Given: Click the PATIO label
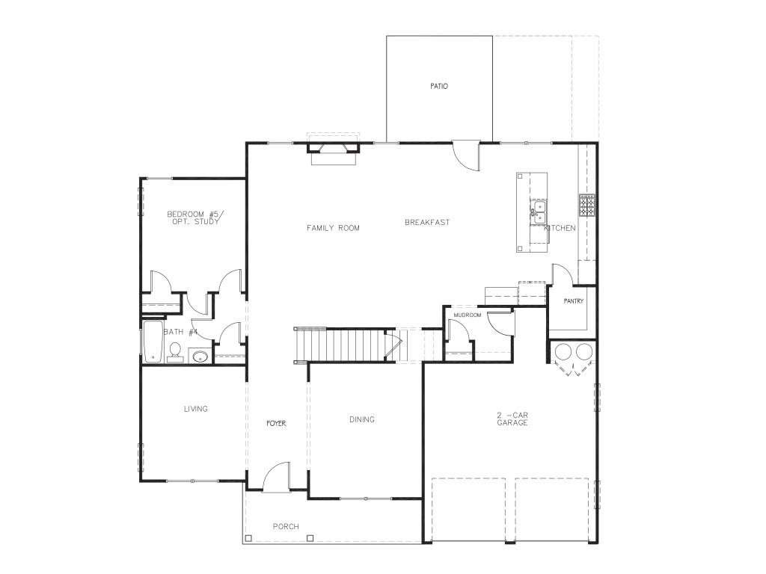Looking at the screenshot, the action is [438, 87].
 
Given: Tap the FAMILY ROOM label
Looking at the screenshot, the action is [333, 228].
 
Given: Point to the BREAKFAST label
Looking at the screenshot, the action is [427, 223].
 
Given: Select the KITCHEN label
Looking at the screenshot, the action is [560, 228].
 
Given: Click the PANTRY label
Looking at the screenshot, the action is [574, 301].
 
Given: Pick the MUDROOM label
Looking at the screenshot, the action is [468, 315].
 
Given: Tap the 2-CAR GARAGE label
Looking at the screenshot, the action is [512, 419].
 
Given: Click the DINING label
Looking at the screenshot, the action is [362, 419].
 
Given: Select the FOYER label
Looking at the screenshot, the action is [276, 423].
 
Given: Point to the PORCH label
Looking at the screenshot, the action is [286, 526].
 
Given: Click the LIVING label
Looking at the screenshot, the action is [195, 409].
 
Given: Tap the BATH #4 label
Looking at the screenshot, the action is [180, 332].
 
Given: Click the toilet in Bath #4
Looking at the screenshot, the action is [175, 353].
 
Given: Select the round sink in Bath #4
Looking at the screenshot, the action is [200, 357].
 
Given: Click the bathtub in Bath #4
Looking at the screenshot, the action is [153, 342].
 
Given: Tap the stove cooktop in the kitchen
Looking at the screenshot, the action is [587, 205].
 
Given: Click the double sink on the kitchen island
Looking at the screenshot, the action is [538, 213].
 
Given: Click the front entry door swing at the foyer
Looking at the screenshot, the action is [276, 477].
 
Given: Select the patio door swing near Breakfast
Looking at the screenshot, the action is [465, 156].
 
